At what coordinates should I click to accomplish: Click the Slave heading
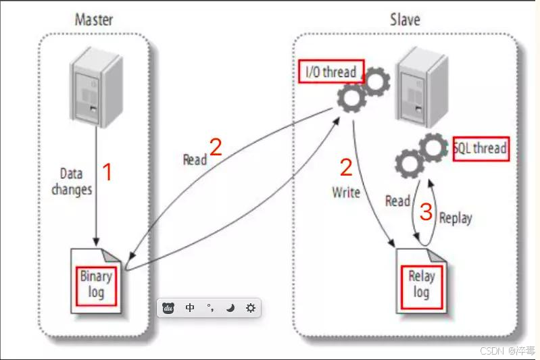(405, 18)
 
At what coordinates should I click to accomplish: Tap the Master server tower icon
(95, 88)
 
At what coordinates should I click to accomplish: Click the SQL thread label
(480, 148)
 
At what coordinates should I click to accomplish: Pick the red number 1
(106, 172)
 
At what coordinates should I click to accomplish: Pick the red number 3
(426, 212)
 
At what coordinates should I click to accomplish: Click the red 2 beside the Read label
(216, 147)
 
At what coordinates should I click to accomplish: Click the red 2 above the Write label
(346, 168)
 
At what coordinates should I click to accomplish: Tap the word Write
(345, 192)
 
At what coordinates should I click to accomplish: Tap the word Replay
(456, 217)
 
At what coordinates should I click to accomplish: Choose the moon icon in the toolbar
(230, 308)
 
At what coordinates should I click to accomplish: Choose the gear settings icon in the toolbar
(251, 308)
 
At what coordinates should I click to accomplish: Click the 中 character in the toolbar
(190, 308)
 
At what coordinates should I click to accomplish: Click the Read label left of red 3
(397, 201)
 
